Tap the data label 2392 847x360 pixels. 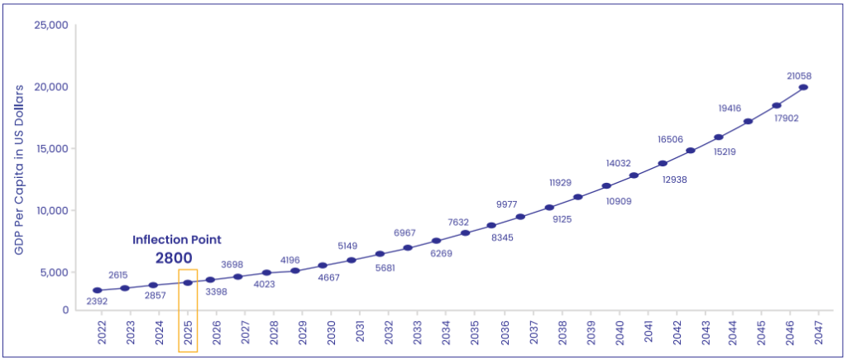click(x=98, y=302)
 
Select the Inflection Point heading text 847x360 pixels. click(x=177, y=239)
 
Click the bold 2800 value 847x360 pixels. click(x=174, y=257)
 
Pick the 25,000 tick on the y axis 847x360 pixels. click(x=51, y=25)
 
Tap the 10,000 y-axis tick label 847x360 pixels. click(x=51, y=210)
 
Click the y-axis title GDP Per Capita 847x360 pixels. click(x=18, y=169)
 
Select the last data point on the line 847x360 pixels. click(x=803, y=88)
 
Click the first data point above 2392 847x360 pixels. click(x=98, y=290)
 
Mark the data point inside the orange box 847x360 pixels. click(x=188, y=283)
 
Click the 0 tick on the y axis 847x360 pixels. click(x=65, y=310)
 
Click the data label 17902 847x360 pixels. click(x=776, y=118)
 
